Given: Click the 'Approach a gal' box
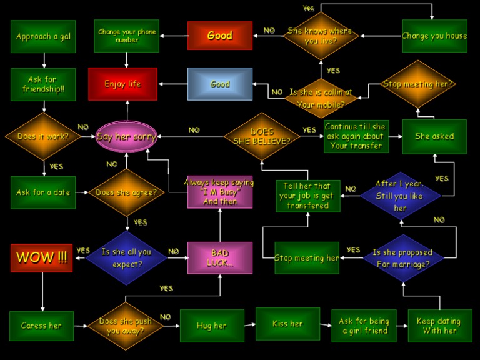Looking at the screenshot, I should click(x=43, y=36).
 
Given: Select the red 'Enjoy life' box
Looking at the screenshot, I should click(x=122, y=84).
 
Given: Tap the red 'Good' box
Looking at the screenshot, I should click(x=220, y=36).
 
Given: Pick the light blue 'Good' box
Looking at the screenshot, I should click(x=220, y=84).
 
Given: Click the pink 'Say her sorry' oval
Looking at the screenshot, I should click(x=126, y=136).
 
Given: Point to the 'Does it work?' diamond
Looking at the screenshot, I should click(x=43, y=136).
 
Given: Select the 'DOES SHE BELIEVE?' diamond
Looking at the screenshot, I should click(x=262, y=136).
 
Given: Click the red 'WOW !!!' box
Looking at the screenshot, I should click(x=42, y=257).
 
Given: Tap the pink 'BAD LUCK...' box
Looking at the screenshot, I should click(x=220, y=257).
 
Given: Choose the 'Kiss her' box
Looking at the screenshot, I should click(x=287, y=324).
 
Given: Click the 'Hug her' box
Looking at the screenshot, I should click(x=212, y=326).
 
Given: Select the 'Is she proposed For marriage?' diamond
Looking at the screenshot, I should click(x=402, y=257).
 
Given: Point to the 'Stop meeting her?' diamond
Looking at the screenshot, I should click(x=418, y=84).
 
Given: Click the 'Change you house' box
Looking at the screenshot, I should click(x=434, y=36).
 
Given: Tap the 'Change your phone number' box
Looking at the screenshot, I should click(x=126, y=36).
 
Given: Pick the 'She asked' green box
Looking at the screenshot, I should click(x=434, y=136).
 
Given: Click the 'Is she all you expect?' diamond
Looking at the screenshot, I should click(x=126, y=257).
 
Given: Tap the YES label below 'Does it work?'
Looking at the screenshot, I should click(x=56, y=167).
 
